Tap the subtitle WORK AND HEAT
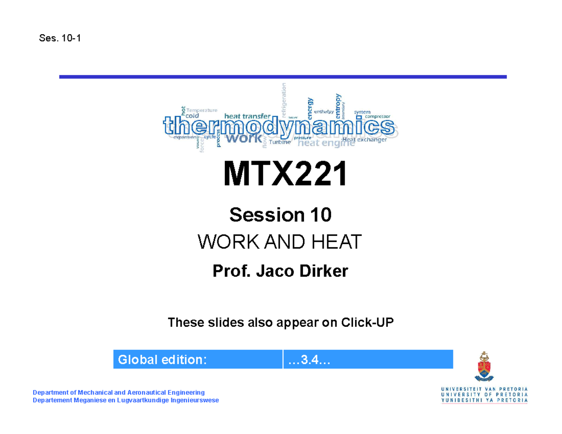[280, 243]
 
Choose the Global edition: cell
[198, 359]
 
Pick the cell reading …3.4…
[368, 359]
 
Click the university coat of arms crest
[484, 368]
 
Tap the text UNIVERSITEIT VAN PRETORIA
[484, 389]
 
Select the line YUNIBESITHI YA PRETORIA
[484, 401]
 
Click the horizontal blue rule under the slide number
[283, 76]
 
